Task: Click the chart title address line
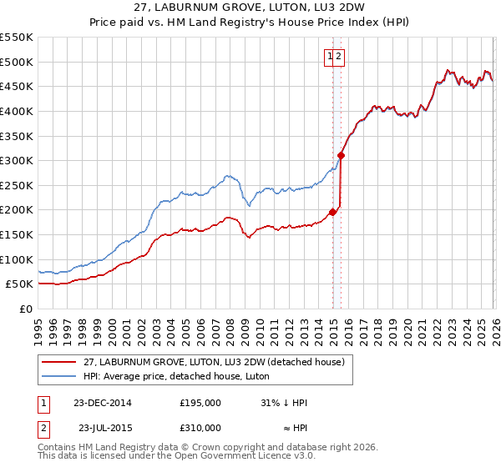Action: [x=250, y=8]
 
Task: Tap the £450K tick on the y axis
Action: [x=17, y=87]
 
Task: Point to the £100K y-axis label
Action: [x=17, y=259]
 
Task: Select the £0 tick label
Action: [x=25, y=309]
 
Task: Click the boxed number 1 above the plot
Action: [x=331, y=57]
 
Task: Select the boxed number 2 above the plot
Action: [x=341, y=57]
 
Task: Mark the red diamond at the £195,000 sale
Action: [x=332, y=212]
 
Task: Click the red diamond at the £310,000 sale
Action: [x=342, y=155]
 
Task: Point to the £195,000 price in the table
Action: [x=200, y=403]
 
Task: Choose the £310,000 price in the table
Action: [x=200, y=428]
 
